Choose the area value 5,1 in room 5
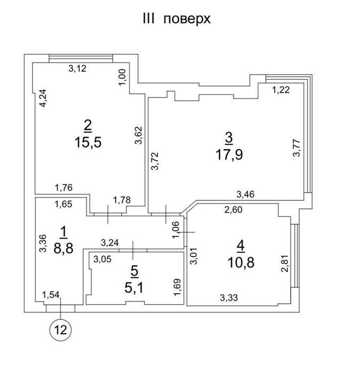point(134,288)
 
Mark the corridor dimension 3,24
point(110,243)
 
